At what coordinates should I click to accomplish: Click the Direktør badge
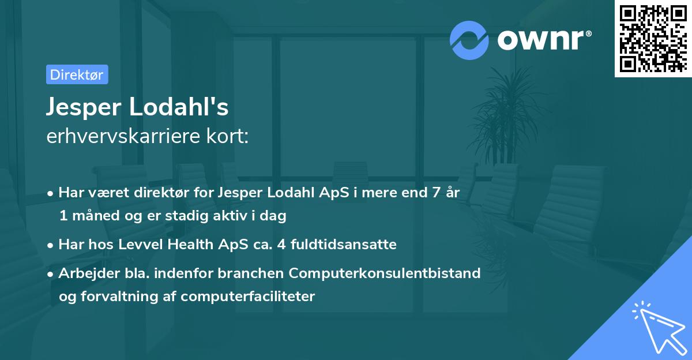(77, 74)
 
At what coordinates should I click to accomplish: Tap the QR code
(653, 39)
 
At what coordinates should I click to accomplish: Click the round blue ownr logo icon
(469, 40)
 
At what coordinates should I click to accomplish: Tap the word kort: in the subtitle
(229, 136)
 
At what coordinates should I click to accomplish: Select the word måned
(87, 216)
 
